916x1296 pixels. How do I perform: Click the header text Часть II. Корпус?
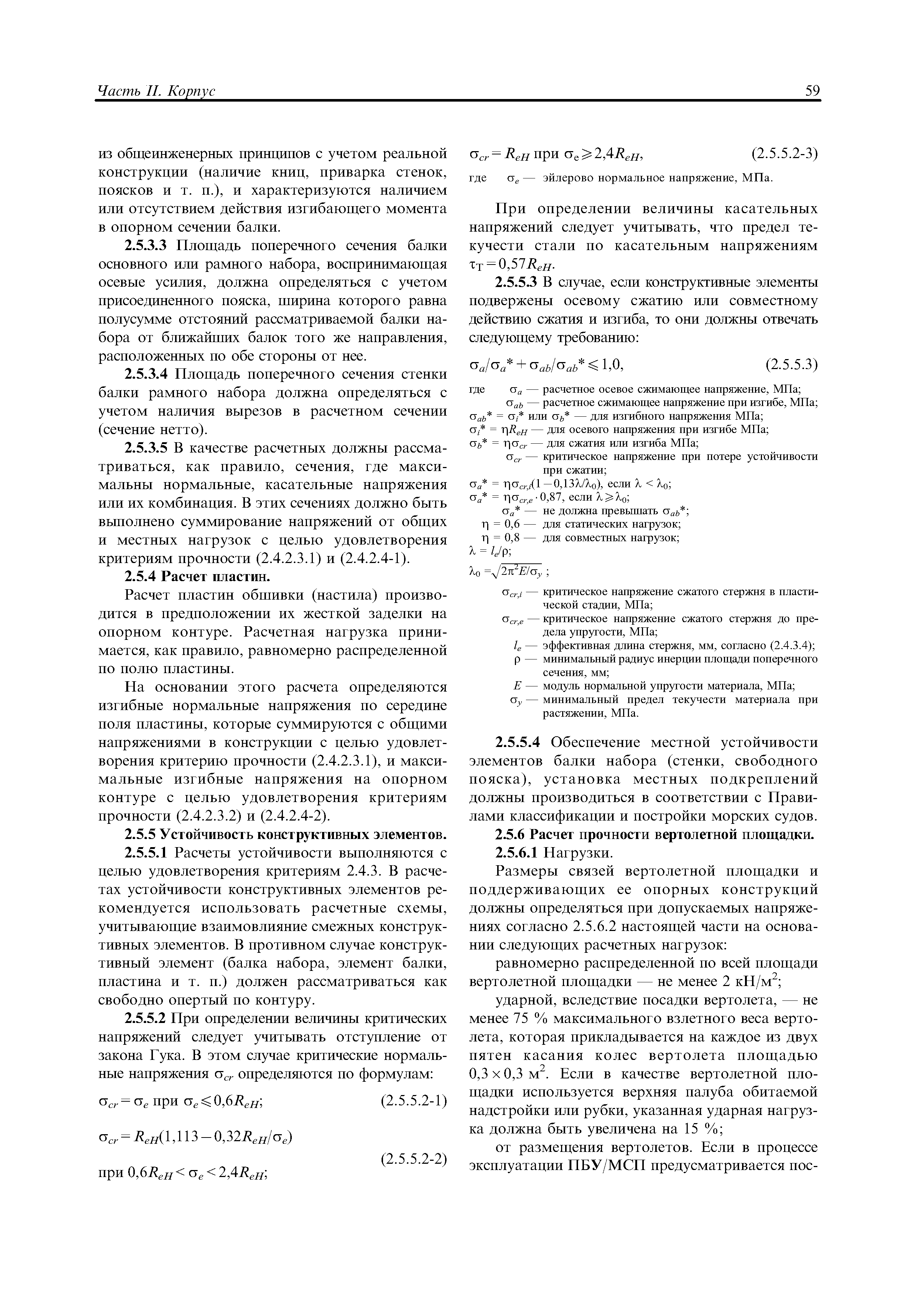click(157, 92)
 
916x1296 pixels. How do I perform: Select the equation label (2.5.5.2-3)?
click(785, 154)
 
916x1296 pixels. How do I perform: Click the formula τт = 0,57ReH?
click(512, 265)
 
